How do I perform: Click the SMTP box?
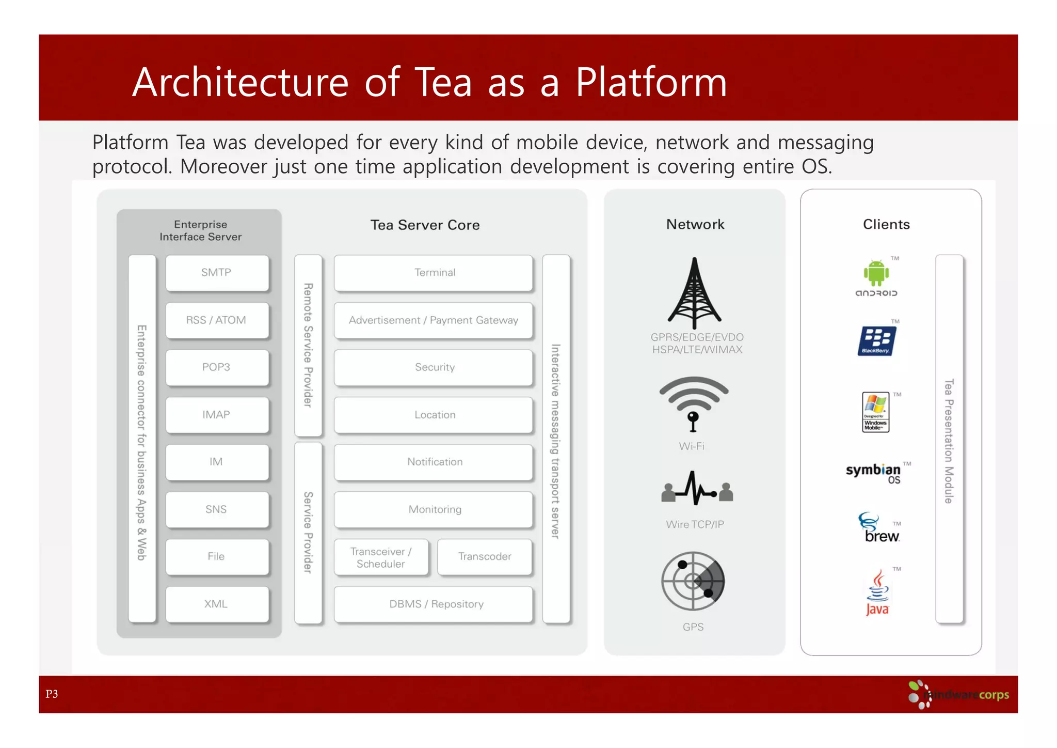pyautogui.click(x=217, y=273)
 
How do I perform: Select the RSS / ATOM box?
pyautogui.click(x=217, y=320)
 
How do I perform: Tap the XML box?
pyautogui.click(x=217, y=604)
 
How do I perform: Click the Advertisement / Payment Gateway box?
pyautogui.click(x=433, y=320)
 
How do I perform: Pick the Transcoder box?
pyautogui.click(x=484, y=556)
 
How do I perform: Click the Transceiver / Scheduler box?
pyautogui.click(x=381, y=557)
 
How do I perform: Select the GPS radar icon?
pyautogui.click(x=693, y=582)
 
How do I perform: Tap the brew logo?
pyautogui.click(x=879, y=528)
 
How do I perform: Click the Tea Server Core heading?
pyautogui.click(x=425, y=225)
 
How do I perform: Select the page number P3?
pyautogui.click(x=52, y=694)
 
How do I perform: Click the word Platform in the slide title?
pyautogui.click(x=651, y=83)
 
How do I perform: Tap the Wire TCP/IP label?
pyautogui.click(x=695, y=524)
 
